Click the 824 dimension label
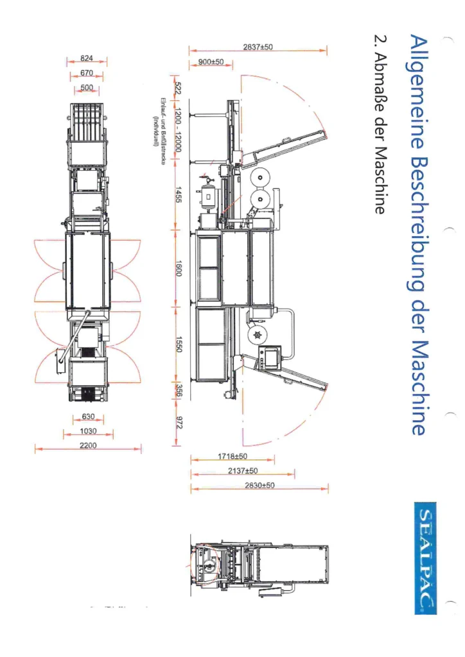[87, 58]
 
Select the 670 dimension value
[87, 73]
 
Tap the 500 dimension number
[87, 87]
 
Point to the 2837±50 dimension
[258, 47]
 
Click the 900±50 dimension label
[210, 62]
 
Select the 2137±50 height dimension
[242, 471]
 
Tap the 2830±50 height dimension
[259, 486]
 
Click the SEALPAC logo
[426, 558]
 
